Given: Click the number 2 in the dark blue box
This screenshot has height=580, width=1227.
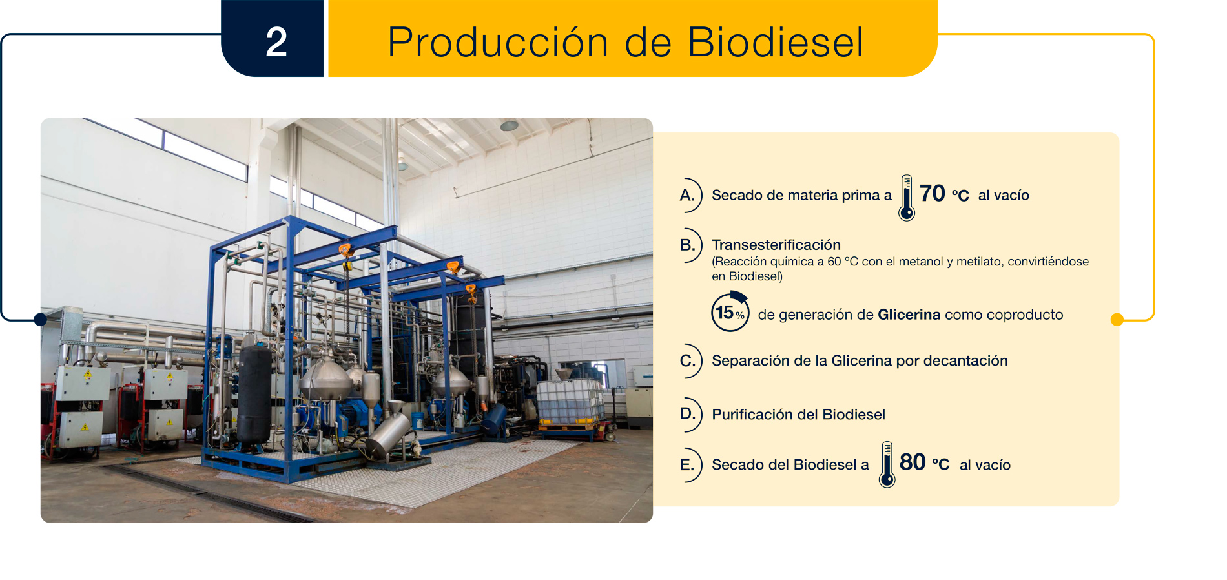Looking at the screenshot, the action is click(276, 42).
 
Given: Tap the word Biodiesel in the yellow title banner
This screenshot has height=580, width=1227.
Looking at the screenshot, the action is click(775, 43).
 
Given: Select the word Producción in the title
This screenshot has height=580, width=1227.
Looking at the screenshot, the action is click(498, 43).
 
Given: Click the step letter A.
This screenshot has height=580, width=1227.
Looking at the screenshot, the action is click(687, 195).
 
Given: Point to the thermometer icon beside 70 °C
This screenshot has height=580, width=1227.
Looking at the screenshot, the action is click(907, 198).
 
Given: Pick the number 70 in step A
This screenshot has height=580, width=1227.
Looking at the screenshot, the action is click(932, 193).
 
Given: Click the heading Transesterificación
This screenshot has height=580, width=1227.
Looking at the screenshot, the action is click(776, 245).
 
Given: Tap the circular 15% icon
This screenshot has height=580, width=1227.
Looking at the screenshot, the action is click(730, 312).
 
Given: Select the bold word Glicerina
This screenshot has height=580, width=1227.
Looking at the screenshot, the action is click(909, 315).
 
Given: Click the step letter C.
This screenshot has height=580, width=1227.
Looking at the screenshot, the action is click(688, 360).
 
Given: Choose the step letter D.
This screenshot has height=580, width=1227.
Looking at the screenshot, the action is click(688, 413).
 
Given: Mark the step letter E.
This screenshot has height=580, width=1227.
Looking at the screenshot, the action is click(687, 465).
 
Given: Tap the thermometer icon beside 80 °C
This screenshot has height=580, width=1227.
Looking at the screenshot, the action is click(887, 464).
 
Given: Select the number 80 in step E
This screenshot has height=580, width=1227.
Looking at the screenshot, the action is click(913, 462).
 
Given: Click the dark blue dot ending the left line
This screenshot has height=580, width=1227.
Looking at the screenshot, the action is click(40, 319).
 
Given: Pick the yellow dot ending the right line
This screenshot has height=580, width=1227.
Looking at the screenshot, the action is click(1117, 319).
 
